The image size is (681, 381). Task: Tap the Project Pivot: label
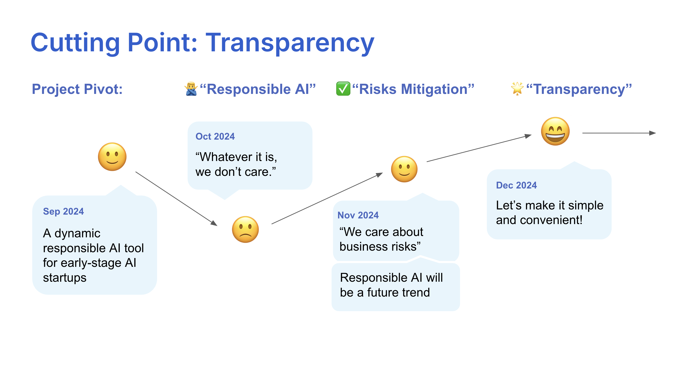point(77,89)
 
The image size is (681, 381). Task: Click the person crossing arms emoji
point(191,89)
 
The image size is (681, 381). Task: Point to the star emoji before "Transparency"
point(517,88)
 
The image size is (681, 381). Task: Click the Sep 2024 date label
point(63,211)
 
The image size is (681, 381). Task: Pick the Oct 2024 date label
point(215,136)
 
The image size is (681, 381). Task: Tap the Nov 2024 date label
point(358,215)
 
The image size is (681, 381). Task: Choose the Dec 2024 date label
point(516,185)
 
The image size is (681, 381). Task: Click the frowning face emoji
point(245,229)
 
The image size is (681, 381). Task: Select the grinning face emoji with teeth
point(555,132)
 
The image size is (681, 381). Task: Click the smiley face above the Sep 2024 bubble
point(112,157)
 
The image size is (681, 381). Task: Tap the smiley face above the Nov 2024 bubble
point(404,169)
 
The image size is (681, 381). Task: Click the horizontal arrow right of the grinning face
point(619,133)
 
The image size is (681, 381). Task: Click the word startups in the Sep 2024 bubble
point(65,278)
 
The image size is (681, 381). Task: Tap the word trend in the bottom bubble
point(416,293)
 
